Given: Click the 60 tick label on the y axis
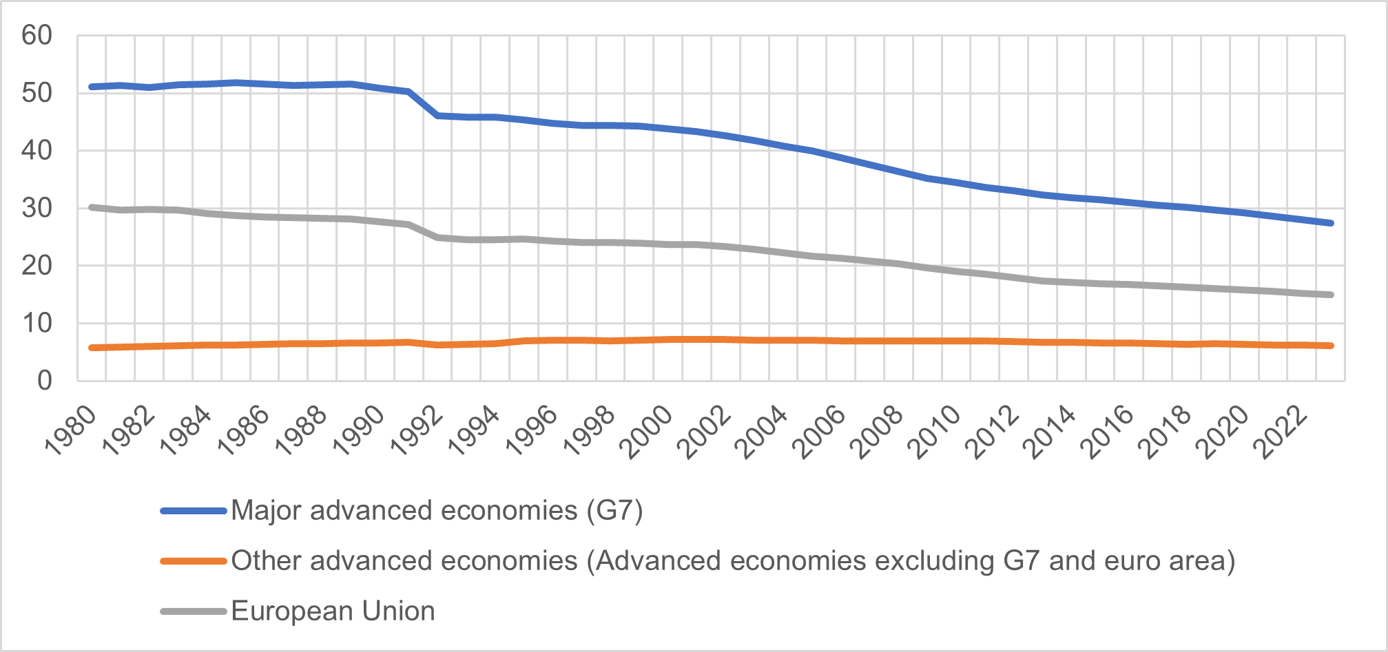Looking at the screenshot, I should click(37, 35).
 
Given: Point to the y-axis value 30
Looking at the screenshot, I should click(37, 208).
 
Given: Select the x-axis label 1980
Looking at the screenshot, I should click(70, 431).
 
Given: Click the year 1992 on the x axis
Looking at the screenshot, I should click(416, 431).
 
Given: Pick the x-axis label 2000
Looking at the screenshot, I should click(646, 431).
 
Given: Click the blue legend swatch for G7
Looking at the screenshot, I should click(194, 511).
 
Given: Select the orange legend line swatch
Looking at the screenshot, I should click(194, 561).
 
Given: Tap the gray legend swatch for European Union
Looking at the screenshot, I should click(194, 611).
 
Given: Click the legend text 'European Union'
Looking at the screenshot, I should click(333, 611).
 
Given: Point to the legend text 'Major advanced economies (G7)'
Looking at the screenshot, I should click(437, 511).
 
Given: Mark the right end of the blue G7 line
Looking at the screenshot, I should click(1331, 223).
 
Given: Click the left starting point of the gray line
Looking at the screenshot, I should click(92, 207).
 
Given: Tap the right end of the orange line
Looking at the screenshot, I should click(1331, 346).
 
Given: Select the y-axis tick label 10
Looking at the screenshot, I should click(37, 323).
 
